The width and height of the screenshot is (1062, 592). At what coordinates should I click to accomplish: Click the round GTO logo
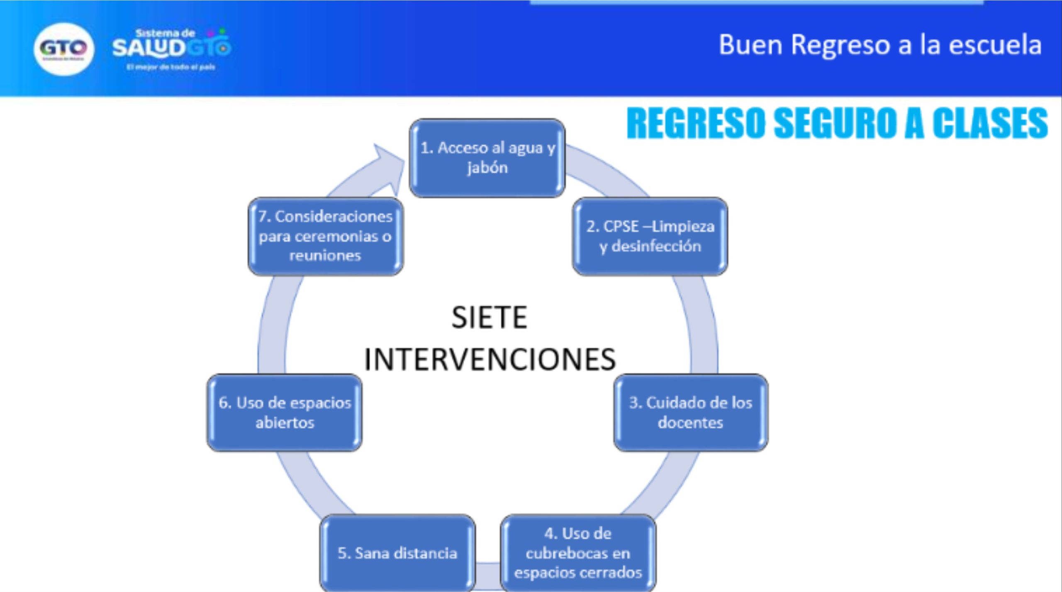[x=63, y=49]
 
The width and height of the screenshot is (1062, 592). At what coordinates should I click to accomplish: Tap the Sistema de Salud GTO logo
[x=171, y=49]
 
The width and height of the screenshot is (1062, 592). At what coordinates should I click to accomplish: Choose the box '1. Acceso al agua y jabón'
[x=487, y=158]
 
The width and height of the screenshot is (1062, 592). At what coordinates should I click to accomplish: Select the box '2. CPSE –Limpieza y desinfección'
[x=650, y=236]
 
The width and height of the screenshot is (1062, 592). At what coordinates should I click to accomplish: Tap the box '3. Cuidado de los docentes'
[x=691, y=412]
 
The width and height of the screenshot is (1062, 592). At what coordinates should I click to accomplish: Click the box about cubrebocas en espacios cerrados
[x=578, y=553]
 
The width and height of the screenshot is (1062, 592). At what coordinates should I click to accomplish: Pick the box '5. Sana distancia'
[x=397, y=553]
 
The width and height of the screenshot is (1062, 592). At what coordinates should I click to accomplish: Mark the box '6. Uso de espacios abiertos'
[x=285, y=412]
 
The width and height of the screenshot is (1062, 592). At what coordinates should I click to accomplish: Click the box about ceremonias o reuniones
[x=325, y=236]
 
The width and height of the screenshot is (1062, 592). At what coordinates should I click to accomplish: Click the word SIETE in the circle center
[x=489, y=318]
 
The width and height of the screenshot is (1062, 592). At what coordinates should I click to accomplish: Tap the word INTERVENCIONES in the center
[x=490, y=359]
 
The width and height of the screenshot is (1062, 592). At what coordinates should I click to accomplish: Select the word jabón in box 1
[x=487, y=168]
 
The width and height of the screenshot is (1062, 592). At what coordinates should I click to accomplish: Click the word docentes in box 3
[x=690, y=423]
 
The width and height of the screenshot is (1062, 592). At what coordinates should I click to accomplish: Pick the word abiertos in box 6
[x=285, y=423]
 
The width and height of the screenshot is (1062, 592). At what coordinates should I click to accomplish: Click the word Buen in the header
[x=750, y=45]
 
